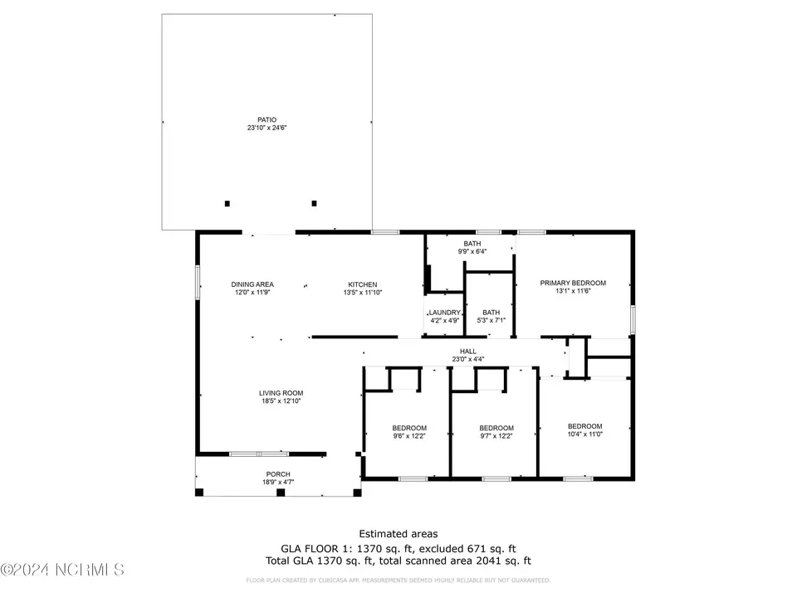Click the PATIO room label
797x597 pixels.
(x=266, y=119)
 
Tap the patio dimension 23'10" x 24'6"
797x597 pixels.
(x=266, y=128)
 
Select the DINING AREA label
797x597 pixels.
(x=252, y=284)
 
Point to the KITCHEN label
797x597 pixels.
(x=363, y=284)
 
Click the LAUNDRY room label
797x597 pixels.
(x=444, y=313)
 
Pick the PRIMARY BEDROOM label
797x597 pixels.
(x=573, y=283)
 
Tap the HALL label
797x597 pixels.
(x=467, y=351)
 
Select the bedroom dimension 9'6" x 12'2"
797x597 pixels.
(x=409, y=436)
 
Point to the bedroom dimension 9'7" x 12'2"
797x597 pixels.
(x=496, y=436)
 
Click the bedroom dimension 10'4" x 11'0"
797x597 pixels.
(x=584, y=434)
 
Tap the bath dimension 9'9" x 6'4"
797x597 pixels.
(x=472, y=251)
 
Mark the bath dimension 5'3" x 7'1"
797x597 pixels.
(x=491, y=320)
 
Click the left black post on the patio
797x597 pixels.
(x=227, y=203)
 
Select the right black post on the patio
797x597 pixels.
(x=314, y=203)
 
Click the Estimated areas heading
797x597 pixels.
(x=398, y=534)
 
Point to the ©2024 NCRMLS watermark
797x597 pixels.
(x=62, y=570)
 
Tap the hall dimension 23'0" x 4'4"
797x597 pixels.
(x=467, y=359)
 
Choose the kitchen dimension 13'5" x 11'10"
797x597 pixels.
(x=363, y=293)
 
